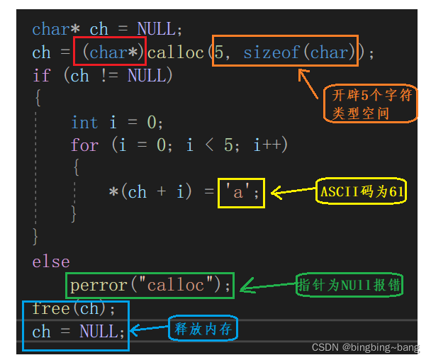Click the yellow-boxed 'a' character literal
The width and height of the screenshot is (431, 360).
[242, 191]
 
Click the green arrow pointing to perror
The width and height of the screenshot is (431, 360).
[268, 287]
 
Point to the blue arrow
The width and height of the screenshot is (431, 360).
[150, 329]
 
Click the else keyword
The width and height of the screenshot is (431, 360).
[51, 261]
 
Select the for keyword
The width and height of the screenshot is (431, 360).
[84, 145]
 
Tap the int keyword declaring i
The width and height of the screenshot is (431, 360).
[84, 122]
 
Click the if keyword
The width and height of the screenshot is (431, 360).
[42, 75]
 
